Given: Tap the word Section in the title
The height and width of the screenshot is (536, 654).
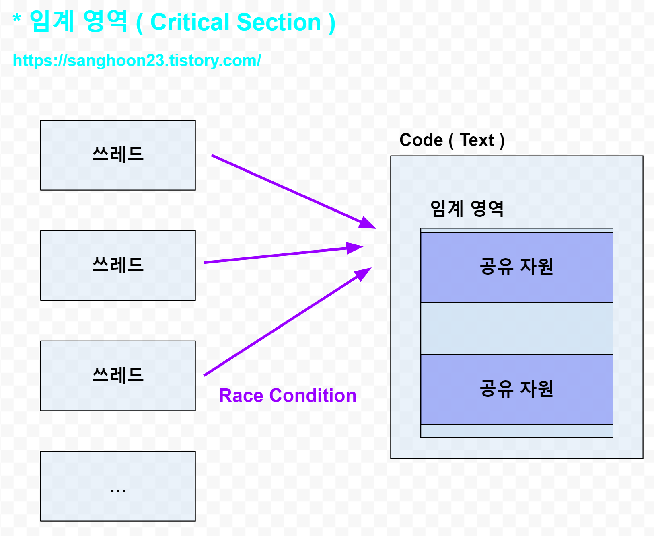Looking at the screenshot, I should point(279,22).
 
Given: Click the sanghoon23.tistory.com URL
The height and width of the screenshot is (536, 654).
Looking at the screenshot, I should point(137,60).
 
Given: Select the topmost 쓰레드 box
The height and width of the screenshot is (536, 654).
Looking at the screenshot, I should point(118,155).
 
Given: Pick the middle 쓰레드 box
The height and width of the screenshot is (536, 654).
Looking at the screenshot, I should point(118,265).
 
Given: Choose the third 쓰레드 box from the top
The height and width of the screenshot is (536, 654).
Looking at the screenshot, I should point(118,376).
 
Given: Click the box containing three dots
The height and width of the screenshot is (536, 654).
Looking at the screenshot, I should point(118,486).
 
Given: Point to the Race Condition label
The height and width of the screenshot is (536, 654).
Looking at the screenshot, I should point(288,396).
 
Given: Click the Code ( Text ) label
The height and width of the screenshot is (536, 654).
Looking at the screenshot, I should point(452,140).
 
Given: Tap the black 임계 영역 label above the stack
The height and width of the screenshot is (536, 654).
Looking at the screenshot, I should point(467,208).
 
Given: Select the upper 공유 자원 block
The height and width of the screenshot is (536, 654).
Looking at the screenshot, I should point(516,267).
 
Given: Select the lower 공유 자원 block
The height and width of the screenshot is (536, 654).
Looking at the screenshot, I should point(516,389).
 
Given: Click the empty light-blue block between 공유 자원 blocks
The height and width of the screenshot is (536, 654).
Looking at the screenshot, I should point(516,328).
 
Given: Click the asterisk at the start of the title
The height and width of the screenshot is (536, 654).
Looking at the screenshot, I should point(17,18).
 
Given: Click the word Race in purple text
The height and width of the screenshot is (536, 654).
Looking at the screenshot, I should point(241,396).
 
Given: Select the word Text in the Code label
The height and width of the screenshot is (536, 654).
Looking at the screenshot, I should point(477,140).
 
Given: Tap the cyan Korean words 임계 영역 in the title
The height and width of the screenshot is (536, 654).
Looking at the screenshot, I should point(78,21).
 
